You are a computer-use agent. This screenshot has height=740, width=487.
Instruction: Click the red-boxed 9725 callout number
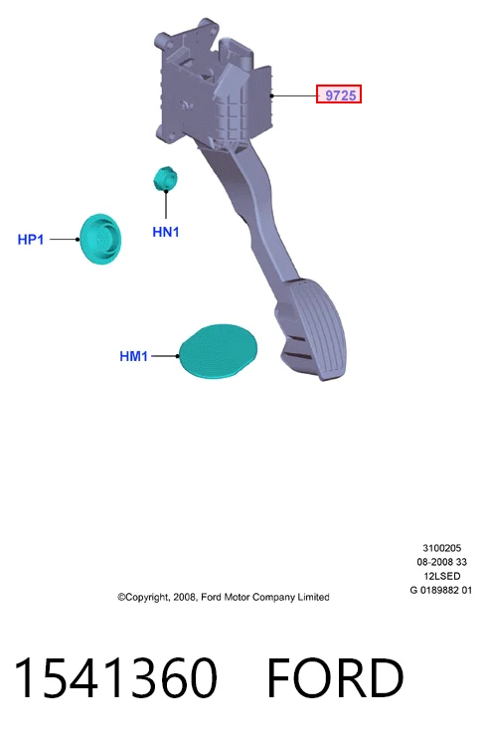[339, 94]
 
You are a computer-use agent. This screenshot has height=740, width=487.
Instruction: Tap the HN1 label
[166, 232]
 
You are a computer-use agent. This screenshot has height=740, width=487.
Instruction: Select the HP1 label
[31, 240]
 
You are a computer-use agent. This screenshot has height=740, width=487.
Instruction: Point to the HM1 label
[133, 356]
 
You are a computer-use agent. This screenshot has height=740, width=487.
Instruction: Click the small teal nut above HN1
[165, 178]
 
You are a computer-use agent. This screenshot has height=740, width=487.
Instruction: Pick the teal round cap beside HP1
[100, 239]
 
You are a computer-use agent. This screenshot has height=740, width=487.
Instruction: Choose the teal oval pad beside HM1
[219, 351]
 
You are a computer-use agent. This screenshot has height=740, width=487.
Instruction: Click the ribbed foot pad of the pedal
[317, 329]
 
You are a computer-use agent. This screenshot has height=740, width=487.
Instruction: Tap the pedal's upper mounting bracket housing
[212, 85]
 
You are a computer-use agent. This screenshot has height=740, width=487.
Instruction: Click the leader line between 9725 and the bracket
[294, 95]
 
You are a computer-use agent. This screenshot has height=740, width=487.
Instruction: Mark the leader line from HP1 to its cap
[65, 240]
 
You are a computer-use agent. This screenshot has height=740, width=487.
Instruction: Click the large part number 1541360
[116, 677]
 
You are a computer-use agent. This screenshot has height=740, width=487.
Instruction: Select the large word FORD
[336, 677]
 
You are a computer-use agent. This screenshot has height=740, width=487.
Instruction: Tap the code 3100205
[441, 548]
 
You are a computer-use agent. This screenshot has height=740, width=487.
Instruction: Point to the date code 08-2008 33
[441, 562]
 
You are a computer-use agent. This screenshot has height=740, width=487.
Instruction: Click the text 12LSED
[441, 576]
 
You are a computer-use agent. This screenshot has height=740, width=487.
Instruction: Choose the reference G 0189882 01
[441, 590]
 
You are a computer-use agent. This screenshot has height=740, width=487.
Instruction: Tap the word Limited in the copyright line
[313, 597]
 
